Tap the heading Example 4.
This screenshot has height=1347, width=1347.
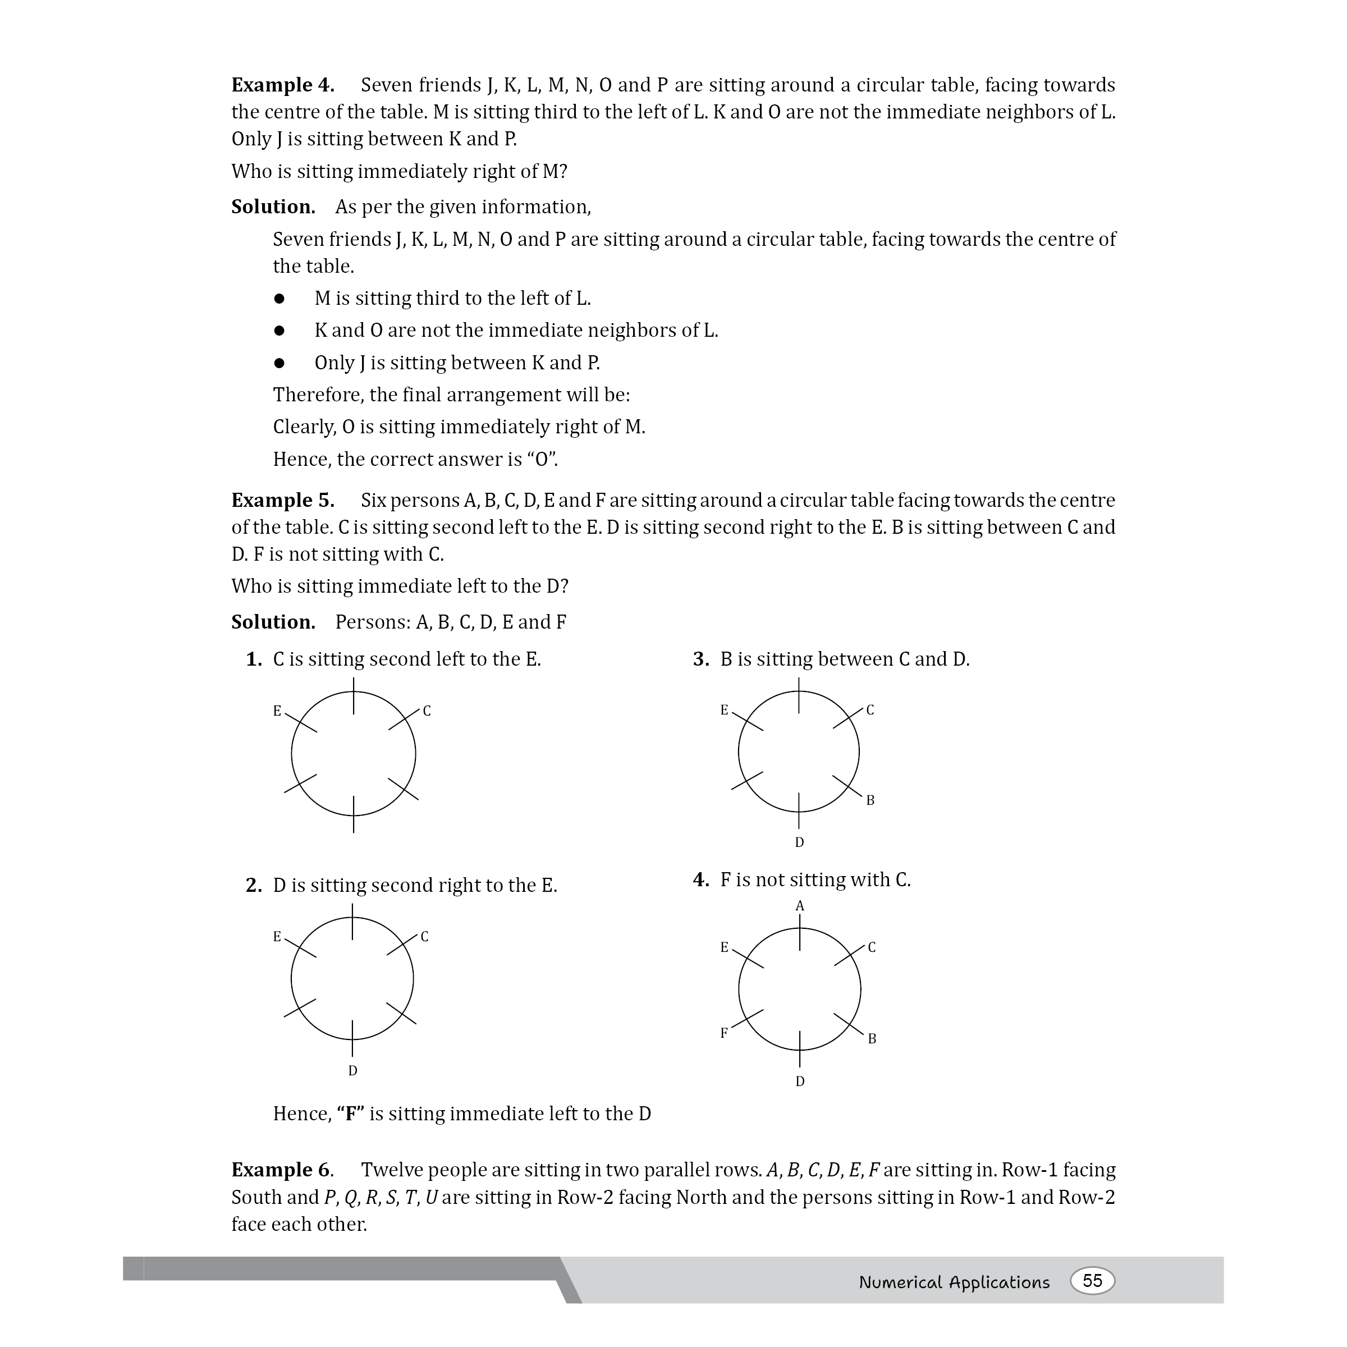point(282,85)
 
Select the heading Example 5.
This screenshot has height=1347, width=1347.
point(282,501)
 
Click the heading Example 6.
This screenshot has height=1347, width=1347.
point(282,1170)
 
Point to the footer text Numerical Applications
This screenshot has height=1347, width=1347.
point(954,1282)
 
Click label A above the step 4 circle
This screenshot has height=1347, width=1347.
point(800,906)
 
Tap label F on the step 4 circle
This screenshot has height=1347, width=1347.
point(723,1033)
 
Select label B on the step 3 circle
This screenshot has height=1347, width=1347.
point(870,800)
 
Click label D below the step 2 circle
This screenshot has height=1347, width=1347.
point(353,1070)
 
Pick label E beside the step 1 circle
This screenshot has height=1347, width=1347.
point(277,711)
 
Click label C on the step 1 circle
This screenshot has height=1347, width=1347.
point(427,711)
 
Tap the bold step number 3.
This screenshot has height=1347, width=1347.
point(700,659)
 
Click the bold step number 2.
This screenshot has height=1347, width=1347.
point(253,886)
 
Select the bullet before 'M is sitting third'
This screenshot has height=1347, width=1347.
point(280,299)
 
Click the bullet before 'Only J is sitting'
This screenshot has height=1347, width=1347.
point(280,363)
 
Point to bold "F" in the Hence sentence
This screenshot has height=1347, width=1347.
point(351,1114)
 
